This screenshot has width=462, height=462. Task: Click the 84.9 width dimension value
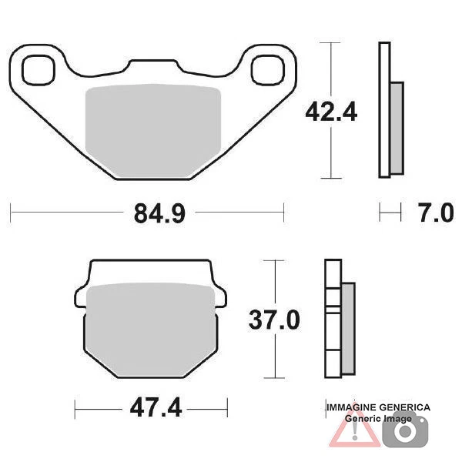[159, 213]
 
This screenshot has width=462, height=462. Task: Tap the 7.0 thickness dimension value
[437, 213]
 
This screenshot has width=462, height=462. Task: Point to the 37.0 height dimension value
[273, 319]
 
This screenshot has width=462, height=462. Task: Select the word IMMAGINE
[353, 407]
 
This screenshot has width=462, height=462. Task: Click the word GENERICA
[406, 407]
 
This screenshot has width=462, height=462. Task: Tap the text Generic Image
[377, 417]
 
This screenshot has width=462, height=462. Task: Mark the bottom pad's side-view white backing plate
[332, 319]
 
